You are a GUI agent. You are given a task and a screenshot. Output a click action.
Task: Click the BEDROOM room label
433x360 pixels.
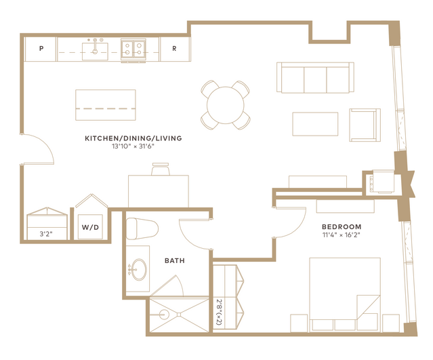342,227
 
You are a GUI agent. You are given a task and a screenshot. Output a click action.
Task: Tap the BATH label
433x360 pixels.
175,260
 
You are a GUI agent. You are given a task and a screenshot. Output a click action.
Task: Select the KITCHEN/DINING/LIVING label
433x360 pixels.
133,138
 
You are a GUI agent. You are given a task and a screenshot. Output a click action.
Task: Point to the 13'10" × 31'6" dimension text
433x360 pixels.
133,146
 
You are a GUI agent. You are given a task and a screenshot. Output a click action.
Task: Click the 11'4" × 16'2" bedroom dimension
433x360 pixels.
342,235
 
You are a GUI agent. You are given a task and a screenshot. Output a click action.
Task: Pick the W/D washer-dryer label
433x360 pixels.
90,227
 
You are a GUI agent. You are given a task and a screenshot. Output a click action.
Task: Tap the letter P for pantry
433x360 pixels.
41,49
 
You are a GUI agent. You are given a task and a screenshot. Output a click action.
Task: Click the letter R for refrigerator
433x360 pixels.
174,49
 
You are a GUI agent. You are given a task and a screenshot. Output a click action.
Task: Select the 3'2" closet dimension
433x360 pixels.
46,235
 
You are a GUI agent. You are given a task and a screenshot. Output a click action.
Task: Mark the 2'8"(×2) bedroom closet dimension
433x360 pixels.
220,312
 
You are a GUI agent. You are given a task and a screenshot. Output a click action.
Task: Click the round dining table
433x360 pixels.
226,105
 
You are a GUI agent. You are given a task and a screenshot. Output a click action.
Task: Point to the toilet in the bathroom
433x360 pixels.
142,228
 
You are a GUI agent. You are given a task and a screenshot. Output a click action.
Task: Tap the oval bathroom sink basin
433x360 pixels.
139,269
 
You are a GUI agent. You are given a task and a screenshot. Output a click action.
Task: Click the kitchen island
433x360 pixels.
106,105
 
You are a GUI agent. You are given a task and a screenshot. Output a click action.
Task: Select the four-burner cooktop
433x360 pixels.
133,49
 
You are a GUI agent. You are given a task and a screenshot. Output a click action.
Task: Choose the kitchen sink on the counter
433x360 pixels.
95,52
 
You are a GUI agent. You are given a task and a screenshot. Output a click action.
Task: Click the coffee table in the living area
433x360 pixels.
315,124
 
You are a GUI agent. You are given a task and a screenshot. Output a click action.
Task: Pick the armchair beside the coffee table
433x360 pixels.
365,125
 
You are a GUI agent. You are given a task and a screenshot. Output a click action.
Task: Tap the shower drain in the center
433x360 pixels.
179,315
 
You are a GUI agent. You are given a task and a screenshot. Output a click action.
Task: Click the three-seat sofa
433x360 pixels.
315,77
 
